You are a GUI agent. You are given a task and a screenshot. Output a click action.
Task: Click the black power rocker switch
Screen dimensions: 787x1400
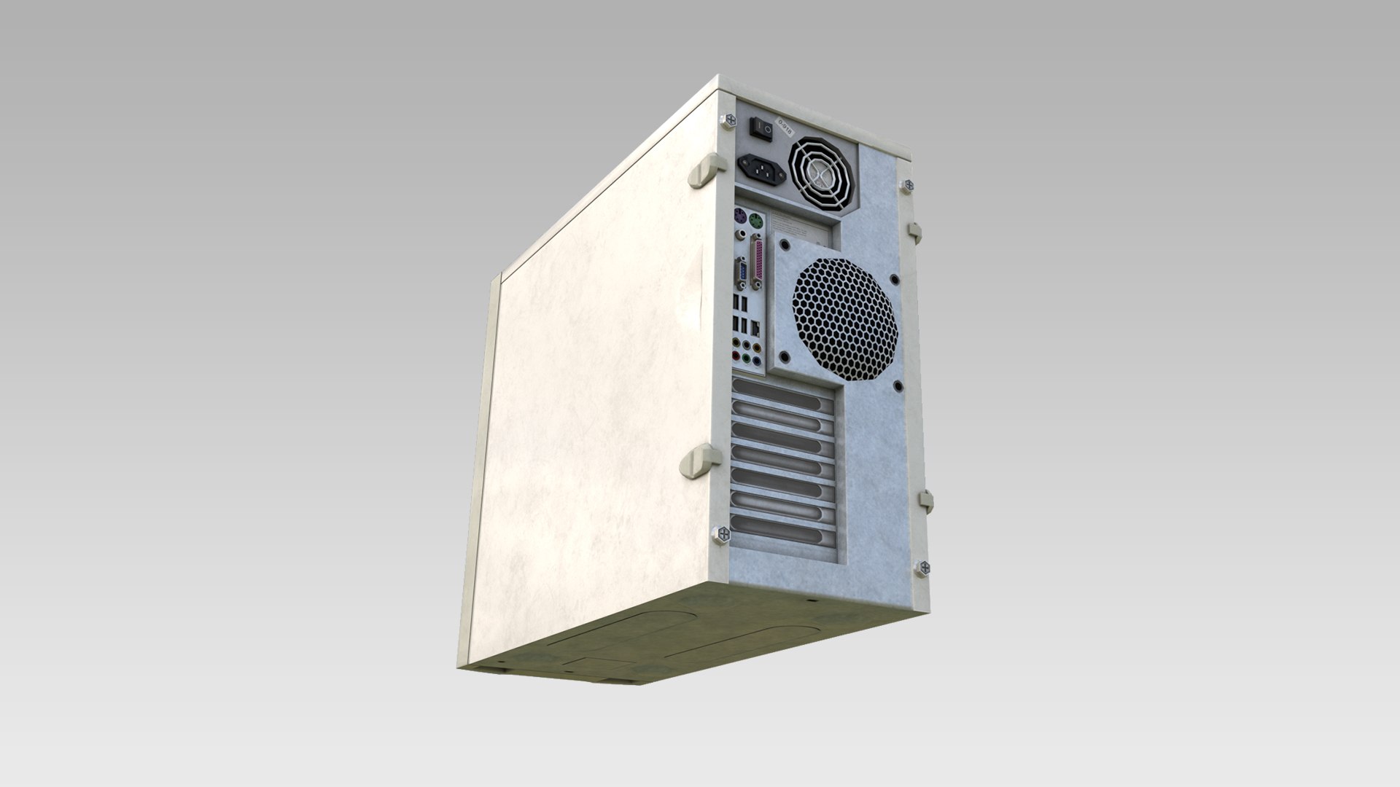[761, 128]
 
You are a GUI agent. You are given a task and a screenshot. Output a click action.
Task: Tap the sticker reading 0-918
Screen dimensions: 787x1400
[785, 128]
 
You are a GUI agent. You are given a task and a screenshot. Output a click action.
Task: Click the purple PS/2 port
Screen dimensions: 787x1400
[740, 216]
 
